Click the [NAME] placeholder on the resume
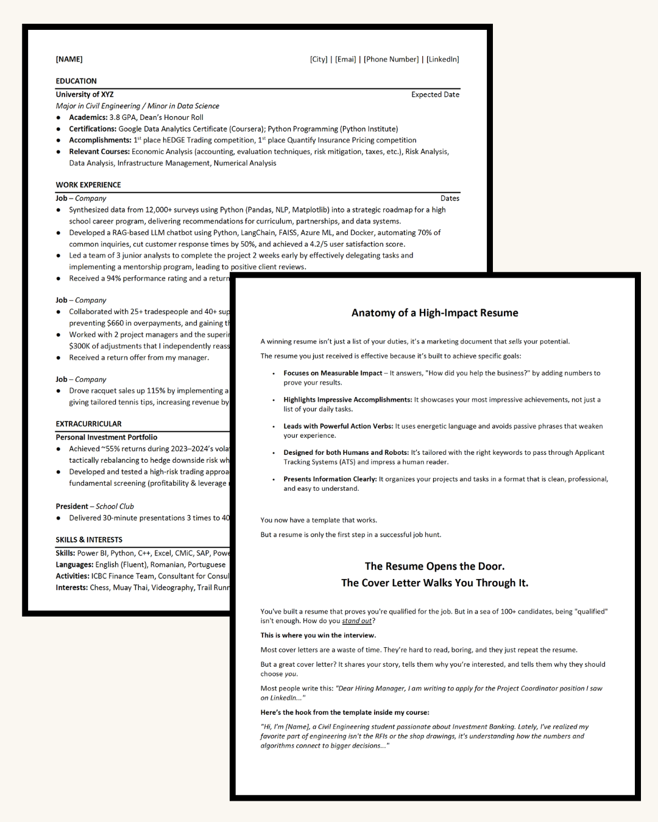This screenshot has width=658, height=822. click(69, 59)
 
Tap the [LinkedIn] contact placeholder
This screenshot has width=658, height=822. click(443, 59)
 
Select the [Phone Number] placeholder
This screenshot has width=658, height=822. click(391, 59)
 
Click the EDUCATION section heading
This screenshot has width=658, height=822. click(76, 81)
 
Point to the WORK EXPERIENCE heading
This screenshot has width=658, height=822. click(88, 184)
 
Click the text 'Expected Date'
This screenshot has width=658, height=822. click(435, 94)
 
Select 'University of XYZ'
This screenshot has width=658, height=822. click(85, 94)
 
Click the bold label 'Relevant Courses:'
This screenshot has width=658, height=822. click(99, 152)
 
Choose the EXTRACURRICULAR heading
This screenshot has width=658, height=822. click(88, 424)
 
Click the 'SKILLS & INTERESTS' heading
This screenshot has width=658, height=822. click(89, 539)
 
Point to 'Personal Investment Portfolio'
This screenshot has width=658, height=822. click(107, 437)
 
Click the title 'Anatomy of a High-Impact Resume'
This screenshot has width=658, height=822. click(435, 313)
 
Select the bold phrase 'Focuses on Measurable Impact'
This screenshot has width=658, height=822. click(333, 373)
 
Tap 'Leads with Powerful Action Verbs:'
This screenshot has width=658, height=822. click(338, 426)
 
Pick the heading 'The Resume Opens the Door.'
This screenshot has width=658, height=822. click(435, 566)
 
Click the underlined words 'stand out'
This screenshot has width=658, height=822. click(357, 621)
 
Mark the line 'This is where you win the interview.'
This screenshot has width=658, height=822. click(318, 635)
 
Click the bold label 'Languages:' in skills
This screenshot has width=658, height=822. click(74, 564)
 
